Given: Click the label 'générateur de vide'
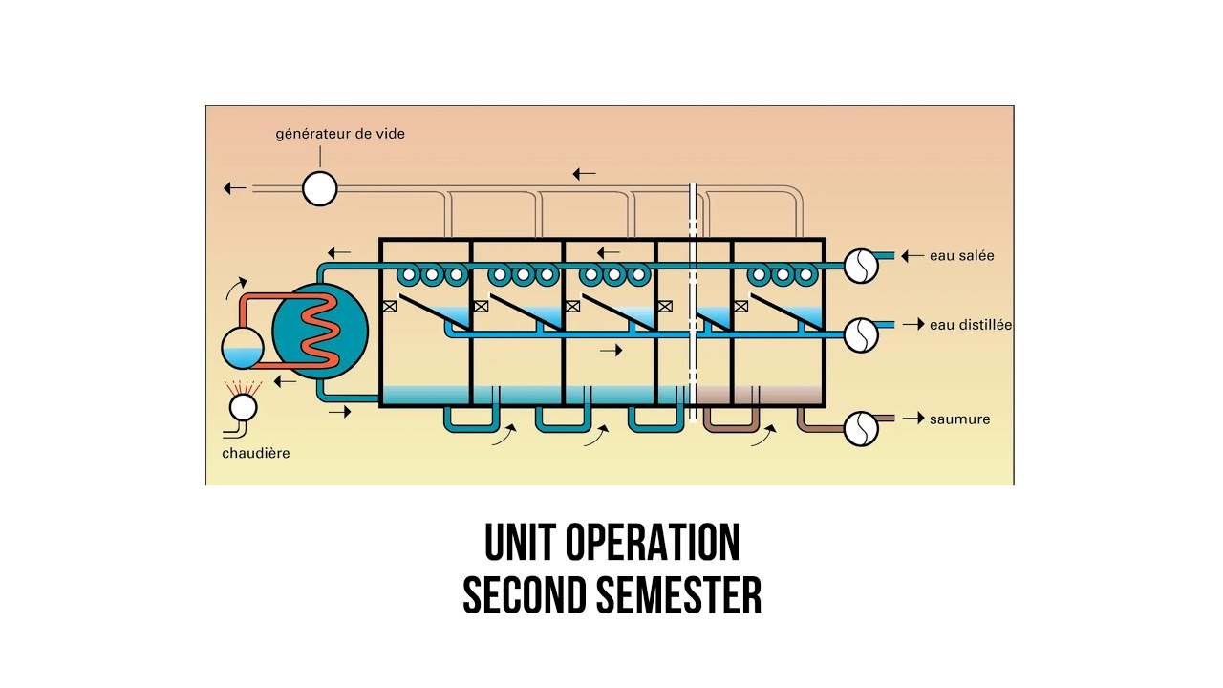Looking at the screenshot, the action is click(340, 135).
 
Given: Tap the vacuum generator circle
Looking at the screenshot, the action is click(319, 188).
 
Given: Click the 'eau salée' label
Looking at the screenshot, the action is click(961, 255).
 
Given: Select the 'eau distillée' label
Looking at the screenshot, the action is click(970, 325).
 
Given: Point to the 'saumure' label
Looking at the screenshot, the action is click(960, 419).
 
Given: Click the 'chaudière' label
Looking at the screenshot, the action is click(255, 453).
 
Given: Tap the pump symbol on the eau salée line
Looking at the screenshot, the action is click(861, 266).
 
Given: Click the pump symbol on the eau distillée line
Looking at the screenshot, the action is click(861, 335).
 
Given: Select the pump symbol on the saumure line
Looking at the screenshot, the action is click(861, 429).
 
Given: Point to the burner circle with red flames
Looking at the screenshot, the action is click(243, 407).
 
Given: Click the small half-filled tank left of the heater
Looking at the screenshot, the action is click(243, 347).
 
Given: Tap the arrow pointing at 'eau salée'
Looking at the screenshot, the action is click(912, 255).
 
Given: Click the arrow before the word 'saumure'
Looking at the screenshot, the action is click(913, 419).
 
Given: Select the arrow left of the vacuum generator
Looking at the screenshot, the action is click(235, 188).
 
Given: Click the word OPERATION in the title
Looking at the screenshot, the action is click(653, 542).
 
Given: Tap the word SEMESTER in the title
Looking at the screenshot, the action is click(678, 595).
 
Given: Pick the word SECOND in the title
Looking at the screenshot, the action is click(525, 595).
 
